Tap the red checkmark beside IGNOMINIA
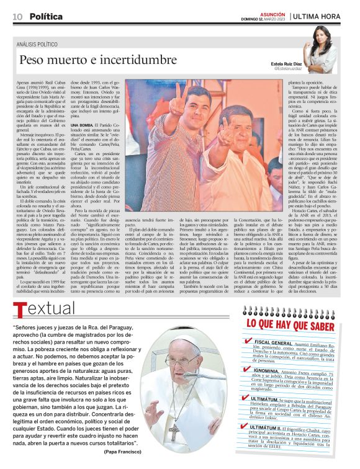pyautogui.click(x=246, y=368)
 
